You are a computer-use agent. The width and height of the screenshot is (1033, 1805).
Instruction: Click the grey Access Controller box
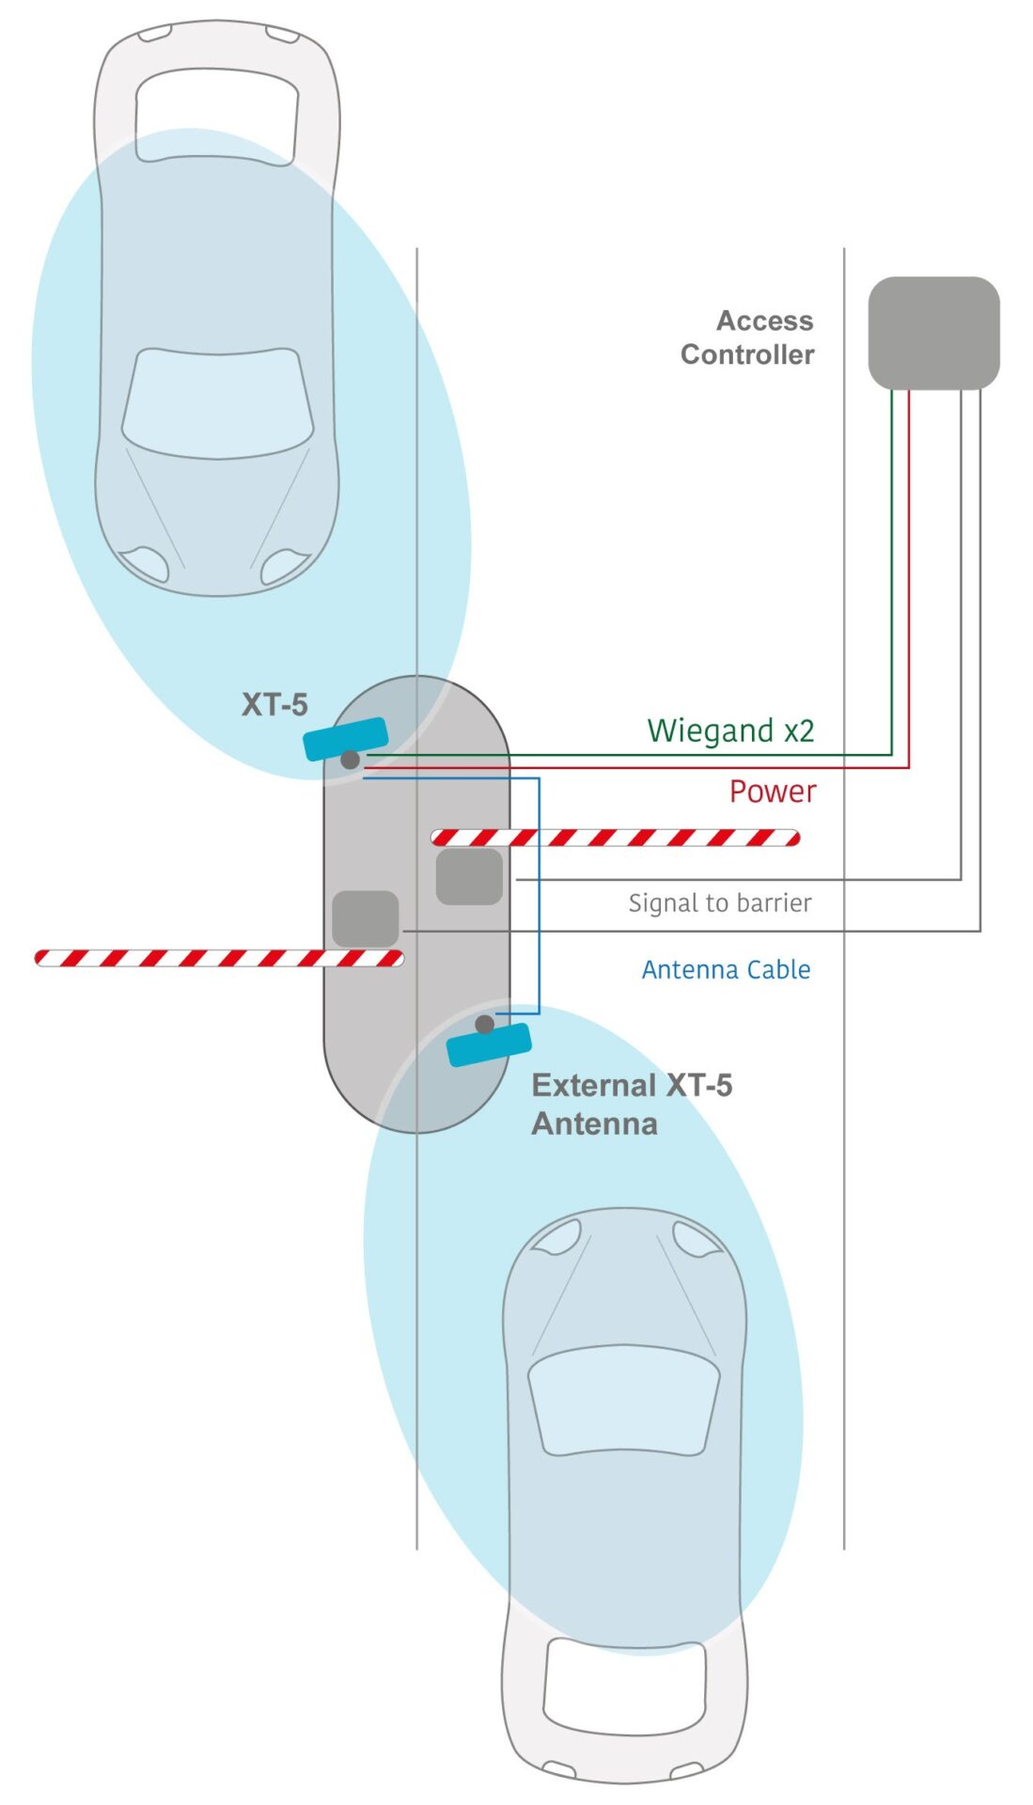coord(932,333)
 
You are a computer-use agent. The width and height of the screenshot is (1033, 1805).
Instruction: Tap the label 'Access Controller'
coord(747,337)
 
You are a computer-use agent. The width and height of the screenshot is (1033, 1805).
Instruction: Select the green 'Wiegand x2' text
coord(730,730)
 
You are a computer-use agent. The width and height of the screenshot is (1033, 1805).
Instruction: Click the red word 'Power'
coord(773,792)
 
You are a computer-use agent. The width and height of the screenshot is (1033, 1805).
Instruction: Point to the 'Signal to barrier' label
coord(720,902)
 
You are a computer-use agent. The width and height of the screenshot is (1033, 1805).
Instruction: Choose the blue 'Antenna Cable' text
coord(726,969)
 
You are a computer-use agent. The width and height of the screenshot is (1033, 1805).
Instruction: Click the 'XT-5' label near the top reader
coord(274,704)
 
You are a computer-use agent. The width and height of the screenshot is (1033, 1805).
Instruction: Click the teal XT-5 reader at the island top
coord(346,738)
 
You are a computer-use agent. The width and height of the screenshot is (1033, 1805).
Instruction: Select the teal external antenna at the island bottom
coord(489,1044)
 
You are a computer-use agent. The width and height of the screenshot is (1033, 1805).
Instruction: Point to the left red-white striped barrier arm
coord(219,958)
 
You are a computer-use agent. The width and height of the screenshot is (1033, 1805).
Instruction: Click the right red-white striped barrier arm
coord(616,838)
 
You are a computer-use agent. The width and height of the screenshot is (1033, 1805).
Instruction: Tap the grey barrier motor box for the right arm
coord(469,877)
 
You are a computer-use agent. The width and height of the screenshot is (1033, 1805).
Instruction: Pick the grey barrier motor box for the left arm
coord(366,918)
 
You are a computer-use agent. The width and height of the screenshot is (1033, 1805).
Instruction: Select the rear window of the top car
coord(217,117)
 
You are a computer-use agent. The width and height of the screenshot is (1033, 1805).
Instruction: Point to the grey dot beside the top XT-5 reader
coord(350,760)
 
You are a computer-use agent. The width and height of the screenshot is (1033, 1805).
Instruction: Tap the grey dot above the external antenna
coord(484,1024)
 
